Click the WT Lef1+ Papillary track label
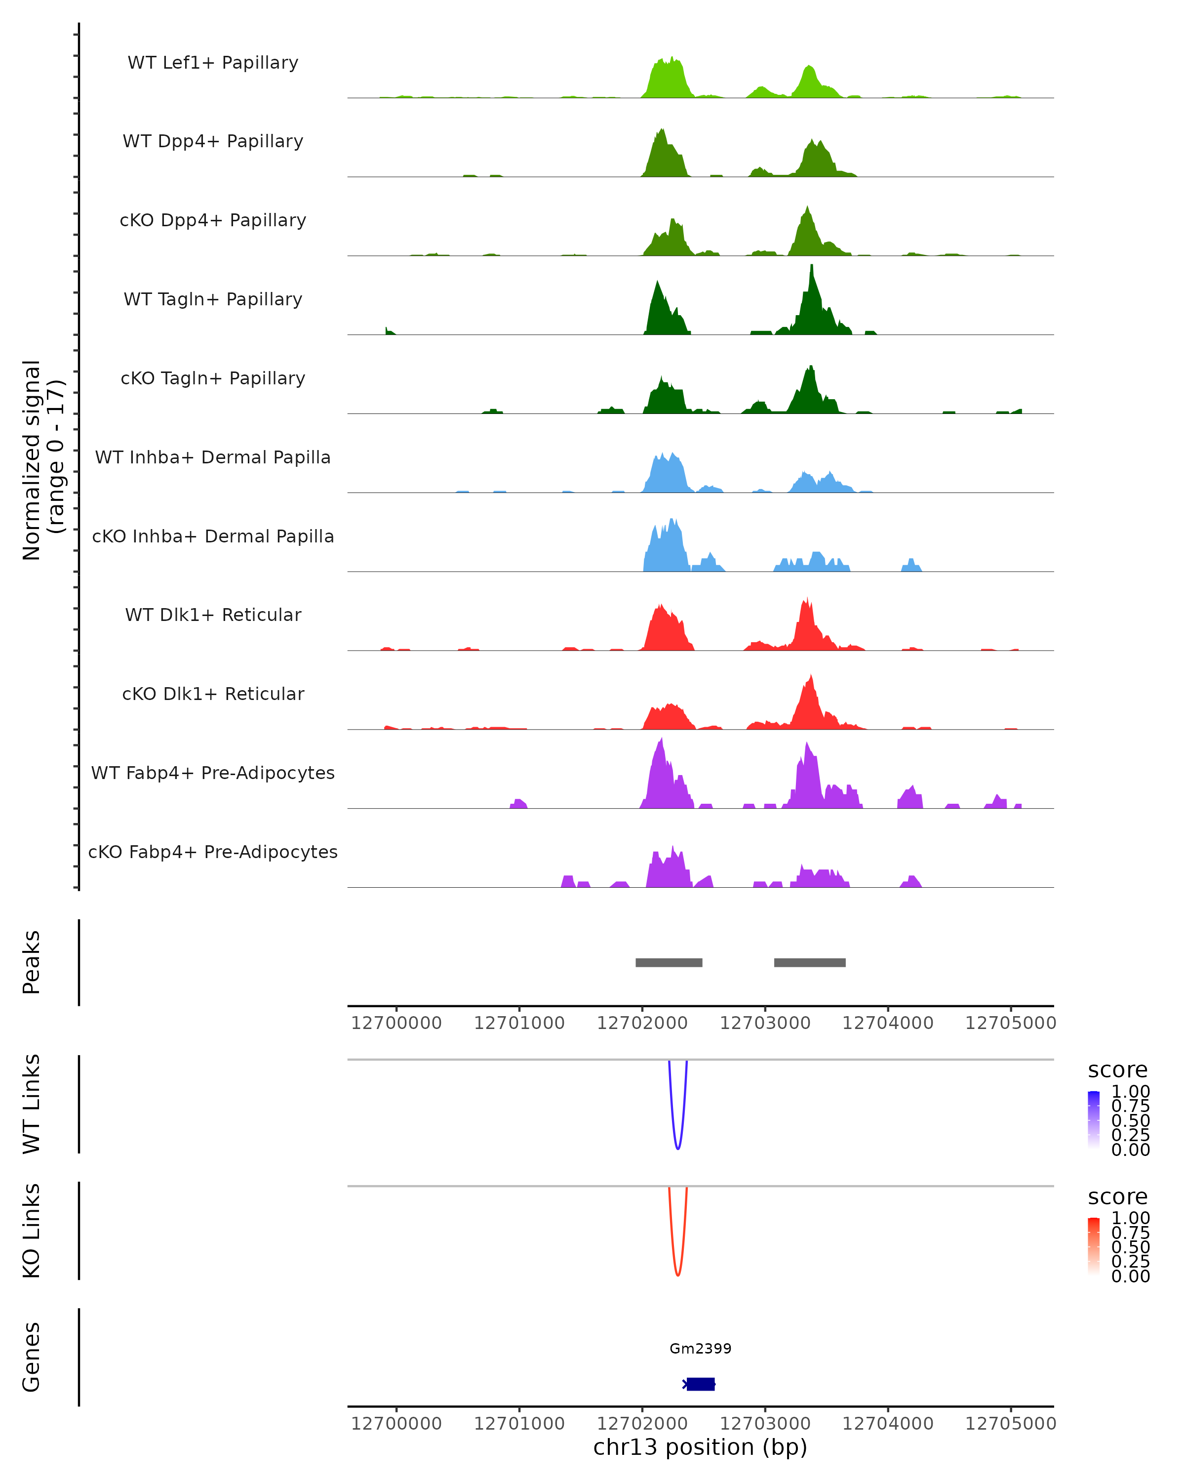213,63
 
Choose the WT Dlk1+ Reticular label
213,615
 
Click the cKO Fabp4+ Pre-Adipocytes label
213,852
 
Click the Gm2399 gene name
700,1348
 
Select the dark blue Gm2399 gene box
701,1384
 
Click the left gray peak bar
669,962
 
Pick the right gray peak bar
809,962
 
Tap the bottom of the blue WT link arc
677,1148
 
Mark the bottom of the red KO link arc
677,1275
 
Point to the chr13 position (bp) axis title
700,1447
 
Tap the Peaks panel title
32,962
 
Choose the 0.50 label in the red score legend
1130,1246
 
